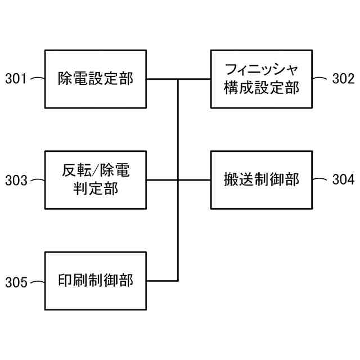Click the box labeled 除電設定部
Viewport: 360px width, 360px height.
pos(96,79)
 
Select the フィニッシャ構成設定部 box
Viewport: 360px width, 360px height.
pos(261,79)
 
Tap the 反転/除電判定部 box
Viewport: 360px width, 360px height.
pos(96,179)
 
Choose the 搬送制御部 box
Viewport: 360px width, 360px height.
pos(261,179)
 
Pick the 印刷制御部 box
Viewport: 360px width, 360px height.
pos(96,281)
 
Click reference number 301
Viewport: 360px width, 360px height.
pos(16,79)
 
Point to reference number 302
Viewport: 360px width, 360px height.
pos(343,79)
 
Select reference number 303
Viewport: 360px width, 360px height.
pos(16,181)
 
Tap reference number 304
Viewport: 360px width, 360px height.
pos(343,180)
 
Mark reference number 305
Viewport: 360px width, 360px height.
pos(16,282)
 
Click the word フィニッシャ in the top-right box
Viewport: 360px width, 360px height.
pos(261,70)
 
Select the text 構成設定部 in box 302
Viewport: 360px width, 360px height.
pos(261,88)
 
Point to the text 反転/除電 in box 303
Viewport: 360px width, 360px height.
pos(96,170)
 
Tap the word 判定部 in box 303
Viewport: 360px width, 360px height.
pos(96,189)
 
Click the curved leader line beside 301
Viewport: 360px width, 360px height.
pos(37,79)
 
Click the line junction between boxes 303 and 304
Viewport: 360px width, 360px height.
pos(178,180)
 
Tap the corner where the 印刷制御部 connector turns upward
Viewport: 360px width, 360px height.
pos(178,281)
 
